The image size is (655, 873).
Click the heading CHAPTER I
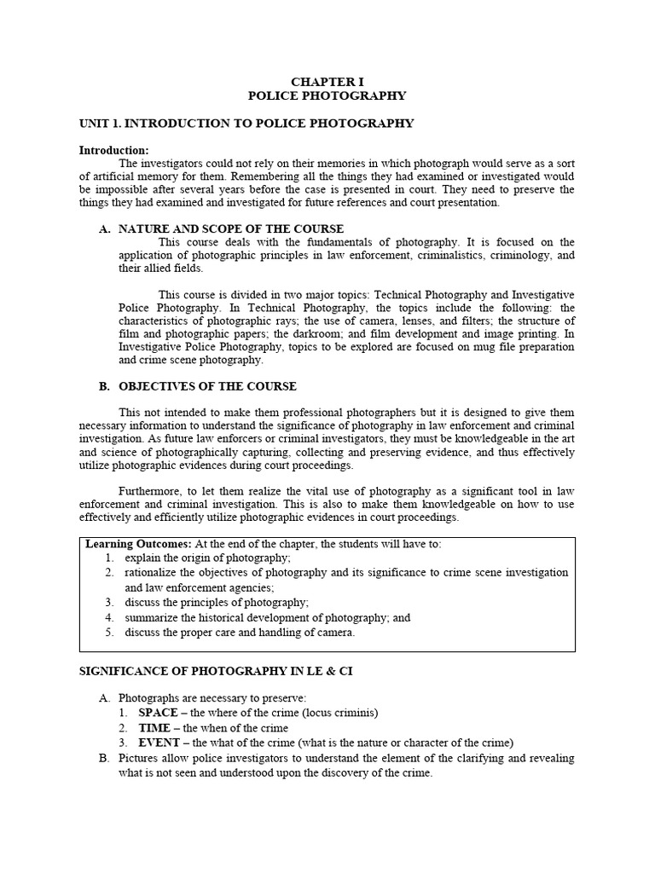327,82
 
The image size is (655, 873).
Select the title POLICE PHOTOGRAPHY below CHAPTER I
327,96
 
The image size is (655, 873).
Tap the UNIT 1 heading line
246,124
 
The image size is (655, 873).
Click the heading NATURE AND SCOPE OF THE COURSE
231,228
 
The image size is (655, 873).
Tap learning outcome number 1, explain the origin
207,558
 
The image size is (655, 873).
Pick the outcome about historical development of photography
267,617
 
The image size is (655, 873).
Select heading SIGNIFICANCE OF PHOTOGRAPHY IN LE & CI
216,671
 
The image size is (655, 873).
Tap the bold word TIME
154,727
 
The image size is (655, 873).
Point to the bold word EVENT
157,743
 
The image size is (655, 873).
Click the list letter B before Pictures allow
104,758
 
